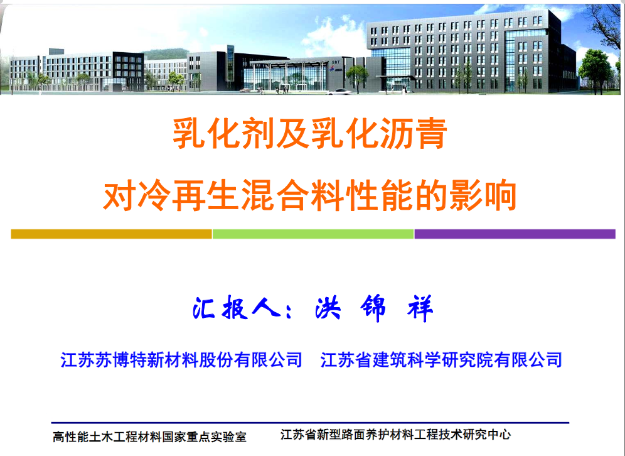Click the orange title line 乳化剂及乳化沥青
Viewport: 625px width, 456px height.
[x=310, y=134]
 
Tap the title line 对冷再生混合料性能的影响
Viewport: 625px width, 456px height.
[x=310, y=195]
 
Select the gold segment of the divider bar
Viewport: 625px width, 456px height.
[x=111, y=234]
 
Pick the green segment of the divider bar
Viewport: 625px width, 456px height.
[x=313, y=234]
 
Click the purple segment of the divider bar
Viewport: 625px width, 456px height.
[x=515, y=234]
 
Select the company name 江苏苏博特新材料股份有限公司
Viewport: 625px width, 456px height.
[x=181, y=359]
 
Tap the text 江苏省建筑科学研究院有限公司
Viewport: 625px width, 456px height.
[x=441, y=359]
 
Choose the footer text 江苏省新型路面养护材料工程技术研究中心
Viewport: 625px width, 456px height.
[x=395, y=435]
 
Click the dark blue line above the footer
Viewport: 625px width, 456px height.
[x=310, y=423]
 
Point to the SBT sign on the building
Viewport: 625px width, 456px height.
[x=335, y=62]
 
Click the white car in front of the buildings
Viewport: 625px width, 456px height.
[x=339, y=92]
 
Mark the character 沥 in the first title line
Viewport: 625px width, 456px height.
[x=395, y=134]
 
